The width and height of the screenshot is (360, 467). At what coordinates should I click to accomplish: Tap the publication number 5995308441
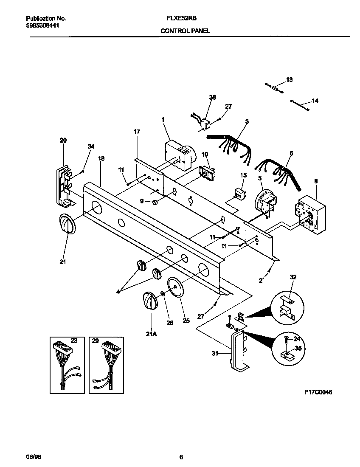click(x=42, y=25)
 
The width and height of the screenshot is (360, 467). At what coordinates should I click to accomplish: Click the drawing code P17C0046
click(x=318, y=392)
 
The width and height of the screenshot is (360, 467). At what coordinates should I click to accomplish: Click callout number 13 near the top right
click(x=289, y=80)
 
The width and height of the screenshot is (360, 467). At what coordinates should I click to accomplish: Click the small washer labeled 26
click(x=163, y=294)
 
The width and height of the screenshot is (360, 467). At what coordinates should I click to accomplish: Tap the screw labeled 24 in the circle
click(x=287, y=339)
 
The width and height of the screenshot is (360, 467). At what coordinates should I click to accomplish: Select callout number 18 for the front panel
click(x=101, y=159)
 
